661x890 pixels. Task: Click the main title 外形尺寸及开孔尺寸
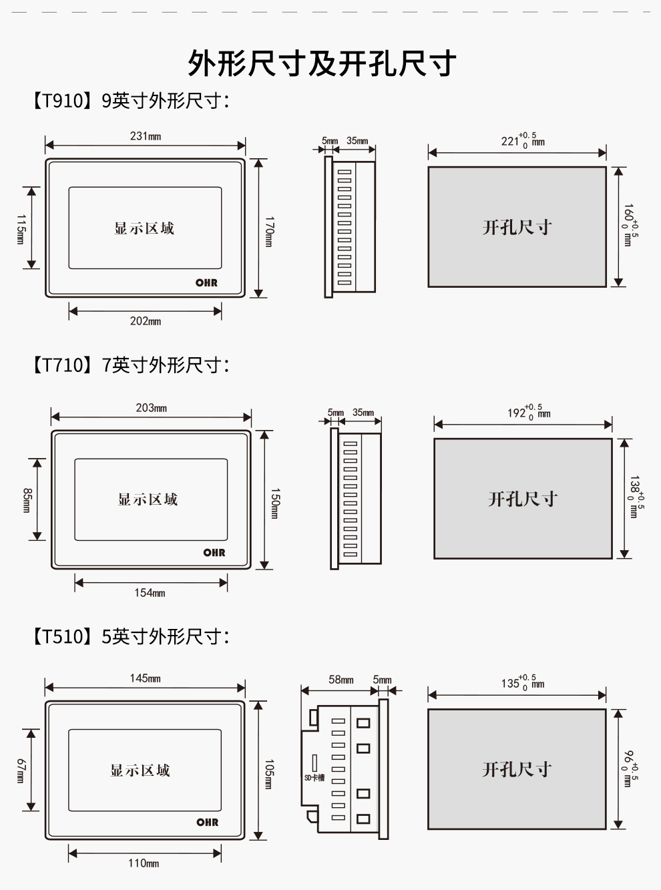click(x=322, y=64)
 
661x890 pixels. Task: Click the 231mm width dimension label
click(x=145, y=136)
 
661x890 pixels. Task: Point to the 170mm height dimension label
click(x=268, y=231)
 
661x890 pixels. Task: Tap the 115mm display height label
click(x=21, y=229)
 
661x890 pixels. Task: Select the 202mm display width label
click(x=145, y=321)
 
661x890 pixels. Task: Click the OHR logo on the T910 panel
click(x=206, y=283)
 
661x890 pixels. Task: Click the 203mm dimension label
click(x=151, y=408)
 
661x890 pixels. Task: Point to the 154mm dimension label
click(x=150, y=593)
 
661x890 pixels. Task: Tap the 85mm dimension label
click(x=27, y=500)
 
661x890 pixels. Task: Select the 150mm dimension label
click(x=274, y=503)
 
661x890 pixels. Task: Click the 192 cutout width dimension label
click(x=528, y=412)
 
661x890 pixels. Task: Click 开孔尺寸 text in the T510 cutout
click(x=517, y=770)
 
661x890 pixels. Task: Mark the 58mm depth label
click(x=341, y=680)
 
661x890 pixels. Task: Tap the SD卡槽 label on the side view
click(x=314, y=778)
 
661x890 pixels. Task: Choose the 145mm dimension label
click(x=145, y=678)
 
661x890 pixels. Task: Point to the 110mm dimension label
click(x=144, y=863)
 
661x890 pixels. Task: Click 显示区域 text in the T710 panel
click(x=148, y=499)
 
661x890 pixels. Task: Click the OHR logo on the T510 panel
click(x=207, y=823)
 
